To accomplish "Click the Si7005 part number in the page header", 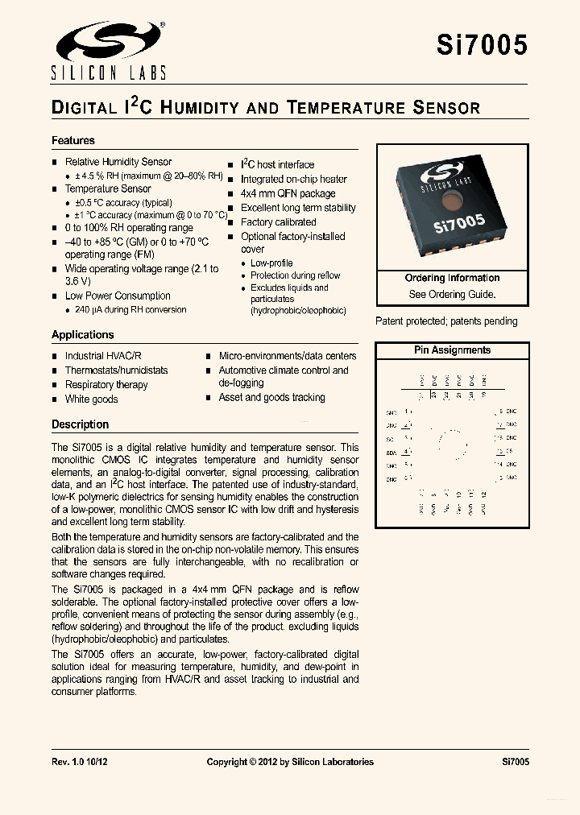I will (482, 45).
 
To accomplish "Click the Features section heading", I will (73, 140).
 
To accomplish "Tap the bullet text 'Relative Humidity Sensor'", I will (118, 162).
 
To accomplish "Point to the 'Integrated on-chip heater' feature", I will (294, 179).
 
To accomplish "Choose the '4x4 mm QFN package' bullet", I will (288, 193).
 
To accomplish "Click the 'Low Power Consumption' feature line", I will (118, 296).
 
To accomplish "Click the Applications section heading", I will (83, 334).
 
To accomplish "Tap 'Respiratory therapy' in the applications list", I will (106, 385).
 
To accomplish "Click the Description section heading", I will (80, 424).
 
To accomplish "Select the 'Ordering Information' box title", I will (452, 278).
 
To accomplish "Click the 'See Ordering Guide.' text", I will (452, 294).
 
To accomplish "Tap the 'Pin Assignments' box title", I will (452, 350).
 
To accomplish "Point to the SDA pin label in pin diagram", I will (391, 453).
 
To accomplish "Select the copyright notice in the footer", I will (290, 761).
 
